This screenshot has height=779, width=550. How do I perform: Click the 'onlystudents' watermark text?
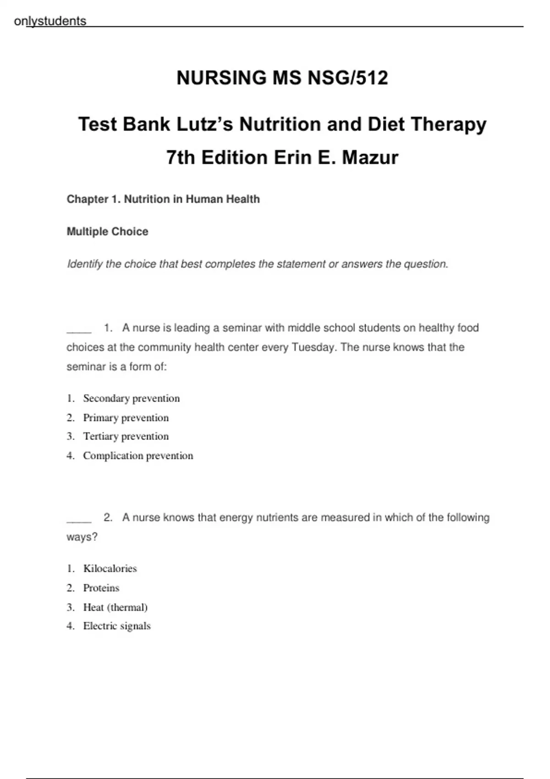coord(50,21)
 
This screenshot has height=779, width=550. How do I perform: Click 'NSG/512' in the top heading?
coord(348,78)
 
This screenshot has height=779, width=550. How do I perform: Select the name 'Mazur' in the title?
coord(370,158)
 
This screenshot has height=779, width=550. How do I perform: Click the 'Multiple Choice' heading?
coord(107,231)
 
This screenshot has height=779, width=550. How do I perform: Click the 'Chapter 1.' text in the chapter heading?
coord(93,199)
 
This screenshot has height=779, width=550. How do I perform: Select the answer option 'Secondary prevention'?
coord(131,398)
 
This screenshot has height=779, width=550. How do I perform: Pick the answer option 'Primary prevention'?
coord(126,417)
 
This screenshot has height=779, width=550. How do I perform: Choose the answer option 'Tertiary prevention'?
coord(126,436)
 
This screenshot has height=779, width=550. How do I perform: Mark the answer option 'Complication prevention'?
coord(138,455)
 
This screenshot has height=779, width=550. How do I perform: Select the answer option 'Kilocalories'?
coord(110,568)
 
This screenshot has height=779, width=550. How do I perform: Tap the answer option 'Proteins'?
coord(101,588)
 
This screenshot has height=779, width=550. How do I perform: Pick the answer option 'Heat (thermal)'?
coord(115,607)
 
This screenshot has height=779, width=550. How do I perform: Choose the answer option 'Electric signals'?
coord(117,626)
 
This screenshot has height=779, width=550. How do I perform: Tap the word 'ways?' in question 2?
coord(82,537)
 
